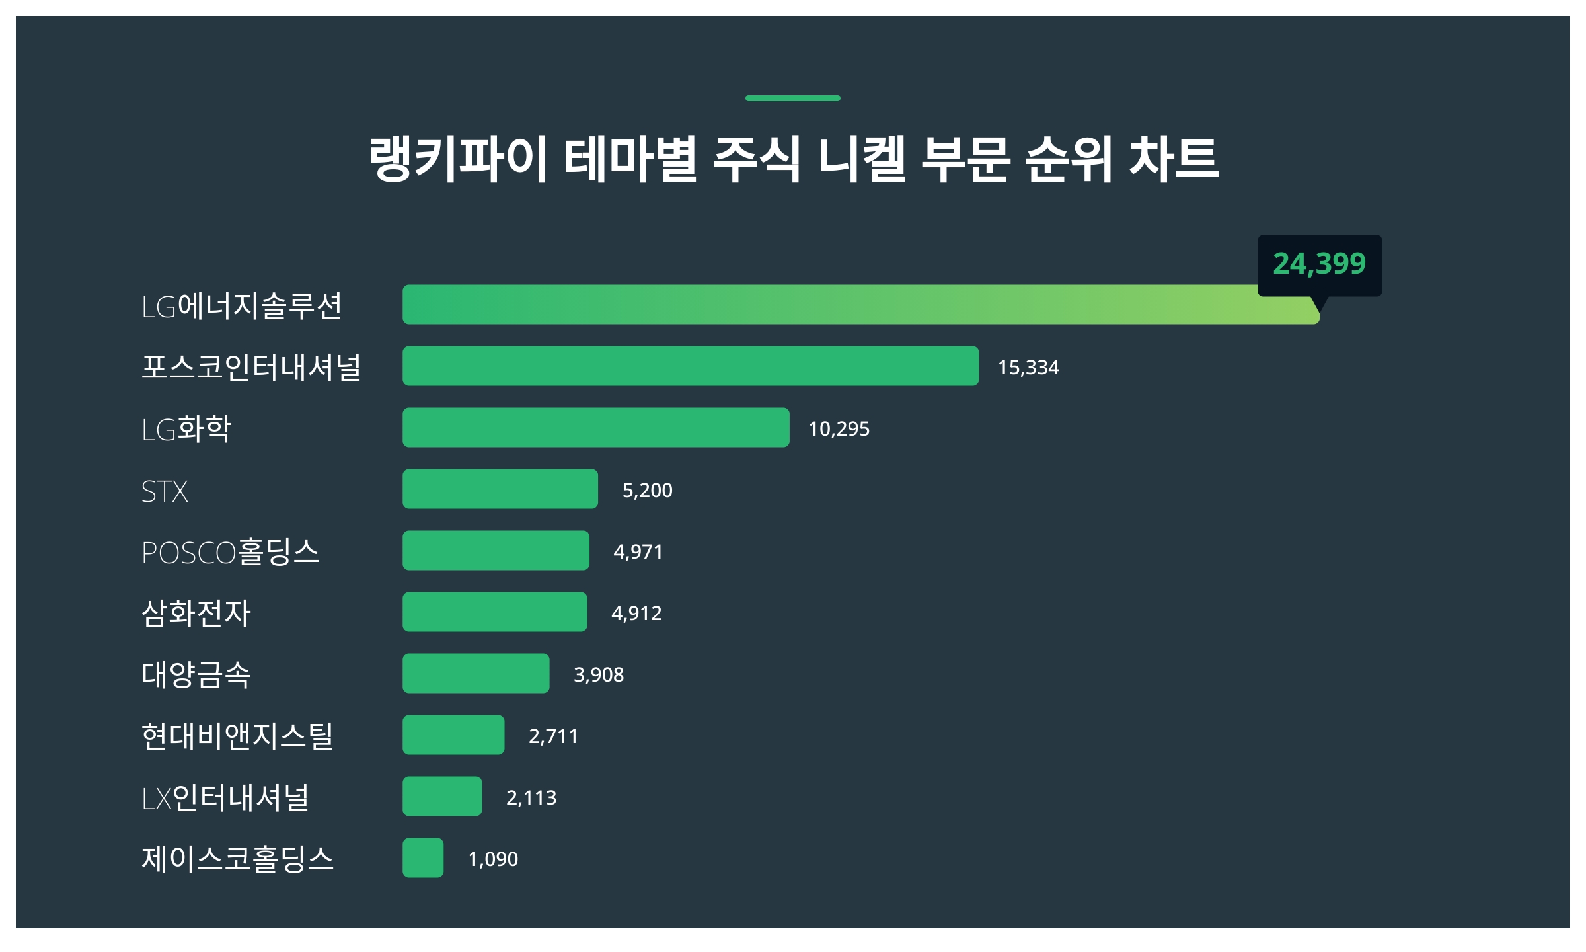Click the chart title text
pyautogui.click(x=793, y=159)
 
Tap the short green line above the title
pyautogui.click(x=792, y=99)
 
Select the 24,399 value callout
pyautogui.click(x=1319, y=264)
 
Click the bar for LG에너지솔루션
pyautogui.click(x=859, y=305)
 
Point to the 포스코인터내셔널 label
pyautogui.click(x=251, y=367)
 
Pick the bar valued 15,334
pyautogui.click(x=691, y=366)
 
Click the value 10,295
pyautogui.click(x=839, y=429)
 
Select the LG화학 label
pyautogui.click(x=186, y=429)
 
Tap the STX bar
pyautogui.click(x=500, y=489)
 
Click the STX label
pyautogui.click(x=165, y=491)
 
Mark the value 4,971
pyautogui.click(x=638, y=551)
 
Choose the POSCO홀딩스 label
pyautogui.click(x=230, y=552)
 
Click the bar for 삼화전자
pyautogui.click(x=495, y=612)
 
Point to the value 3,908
pyautogui.click(x=599, y=674)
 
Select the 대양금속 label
pyautogui.click(x=196, y=674)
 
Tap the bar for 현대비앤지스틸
pyautogui.click(x=453, y=735)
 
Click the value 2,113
pyautogui.click(x=531, y=797)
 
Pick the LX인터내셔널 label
pyautogui.click(x=225, y=798)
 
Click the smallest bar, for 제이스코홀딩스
pyautogui.click(x=423, y=858)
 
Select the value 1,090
pyautogui.click(x=493, y=859)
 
